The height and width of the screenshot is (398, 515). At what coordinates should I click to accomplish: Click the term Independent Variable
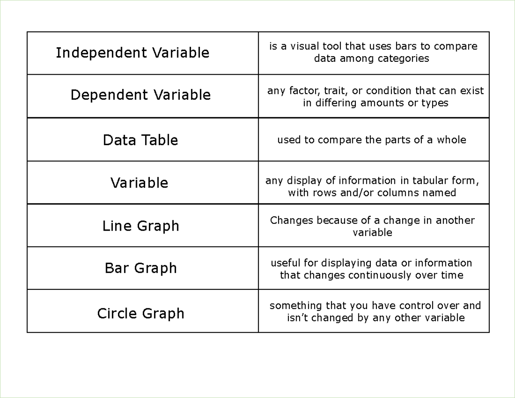click(133, 53)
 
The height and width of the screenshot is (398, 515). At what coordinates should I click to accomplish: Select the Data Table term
click(140, 140)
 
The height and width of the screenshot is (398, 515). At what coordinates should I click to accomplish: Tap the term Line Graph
click(140, 226)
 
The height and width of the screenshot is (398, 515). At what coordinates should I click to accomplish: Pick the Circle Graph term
click(140, 313)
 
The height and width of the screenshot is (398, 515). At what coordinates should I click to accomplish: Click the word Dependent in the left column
click(109, 95)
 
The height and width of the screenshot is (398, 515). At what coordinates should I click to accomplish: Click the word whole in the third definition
click(451, 140)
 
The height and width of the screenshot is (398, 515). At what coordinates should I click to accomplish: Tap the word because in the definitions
click(337, 220)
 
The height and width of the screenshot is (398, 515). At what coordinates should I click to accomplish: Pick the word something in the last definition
click(296, 306)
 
